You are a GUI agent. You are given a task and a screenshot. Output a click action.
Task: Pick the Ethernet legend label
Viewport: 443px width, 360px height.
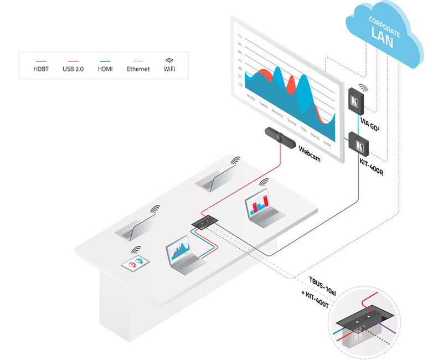(x=138, y=69)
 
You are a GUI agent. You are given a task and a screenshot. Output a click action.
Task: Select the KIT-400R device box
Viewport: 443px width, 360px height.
(x=360, y=146)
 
